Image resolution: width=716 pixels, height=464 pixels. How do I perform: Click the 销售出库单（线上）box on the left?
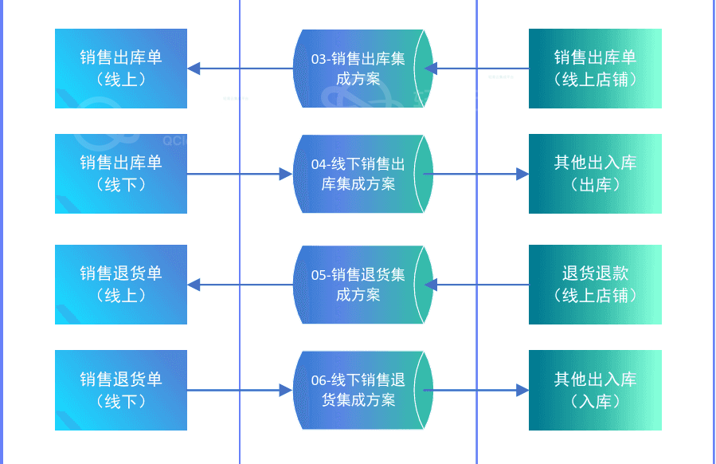(121, 69)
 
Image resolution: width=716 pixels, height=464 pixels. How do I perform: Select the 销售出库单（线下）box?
(121, 174)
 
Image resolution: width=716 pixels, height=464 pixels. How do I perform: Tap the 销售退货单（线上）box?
(121, 285)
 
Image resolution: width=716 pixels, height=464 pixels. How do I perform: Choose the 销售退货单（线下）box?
(121, 390)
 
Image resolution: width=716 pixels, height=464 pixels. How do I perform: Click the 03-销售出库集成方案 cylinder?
(358, 69)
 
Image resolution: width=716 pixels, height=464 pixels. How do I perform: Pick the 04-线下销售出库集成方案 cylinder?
(358, 174)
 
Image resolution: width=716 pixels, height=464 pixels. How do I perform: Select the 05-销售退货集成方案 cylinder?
(358, 285)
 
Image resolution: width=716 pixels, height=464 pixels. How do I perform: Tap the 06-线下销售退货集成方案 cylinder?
(358, 390)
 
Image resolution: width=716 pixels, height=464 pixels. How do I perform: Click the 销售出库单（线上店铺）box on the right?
(595, 69)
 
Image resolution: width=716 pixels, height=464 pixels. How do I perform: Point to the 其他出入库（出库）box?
(595, 174)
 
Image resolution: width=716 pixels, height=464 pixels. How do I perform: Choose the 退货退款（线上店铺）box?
(595, 285)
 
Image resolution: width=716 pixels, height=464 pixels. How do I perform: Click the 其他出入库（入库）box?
(595, 390)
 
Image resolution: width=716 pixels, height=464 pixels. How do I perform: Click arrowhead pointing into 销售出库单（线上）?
(194, 69)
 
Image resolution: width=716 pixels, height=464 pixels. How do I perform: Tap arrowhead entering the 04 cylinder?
(286, 174)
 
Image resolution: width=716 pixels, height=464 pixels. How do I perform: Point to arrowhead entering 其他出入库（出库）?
(522, 174)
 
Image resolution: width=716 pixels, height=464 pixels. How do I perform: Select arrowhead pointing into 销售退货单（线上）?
(194, 285)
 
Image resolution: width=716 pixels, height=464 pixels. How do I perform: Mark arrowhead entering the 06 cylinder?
(286, 390)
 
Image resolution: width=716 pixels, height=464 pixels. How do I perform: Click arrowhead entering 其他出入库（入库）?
(522, 390)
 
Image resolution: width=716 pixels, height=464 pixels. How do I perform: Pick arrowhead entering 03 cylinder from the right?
(431, 69)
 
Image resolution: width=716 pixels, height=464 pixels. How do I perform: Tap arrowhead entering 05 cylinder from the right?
(431, 285)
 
